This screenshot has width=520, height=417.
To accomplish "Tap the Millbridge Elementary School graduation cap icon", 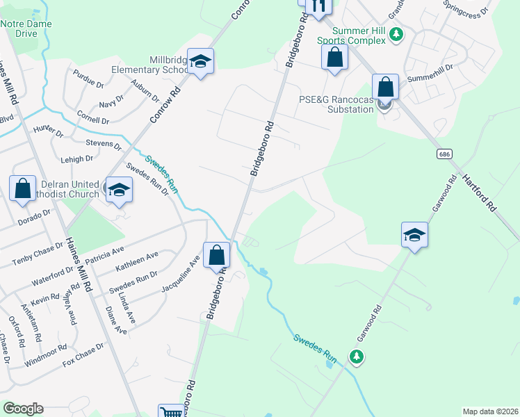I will click(200, 63).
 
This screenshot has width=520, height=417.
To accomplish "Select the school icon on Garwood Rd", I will click(414, 236).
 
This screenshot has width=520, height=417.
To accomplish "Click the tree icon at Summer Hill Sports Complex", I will click(396, 33).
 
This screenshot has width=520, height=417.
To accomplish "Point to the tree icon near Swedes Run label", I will click(357, 357).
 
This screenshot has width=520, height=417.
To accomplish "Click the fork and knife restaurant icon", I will click(319, 6).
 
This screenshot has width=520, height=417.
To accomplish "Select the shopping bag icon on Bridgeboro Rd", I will click(217, 255).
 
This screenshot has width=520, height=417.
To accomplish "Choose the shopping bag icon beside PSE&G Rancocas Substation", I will click(385, 88).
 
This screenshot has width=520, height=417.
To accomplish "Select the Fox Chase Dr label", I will click(83, 354).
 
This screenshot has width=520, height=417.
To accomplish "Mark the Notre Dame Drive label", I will click(27, 28).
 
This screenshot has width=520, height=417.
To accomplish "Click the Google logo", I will click(23, 409).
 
